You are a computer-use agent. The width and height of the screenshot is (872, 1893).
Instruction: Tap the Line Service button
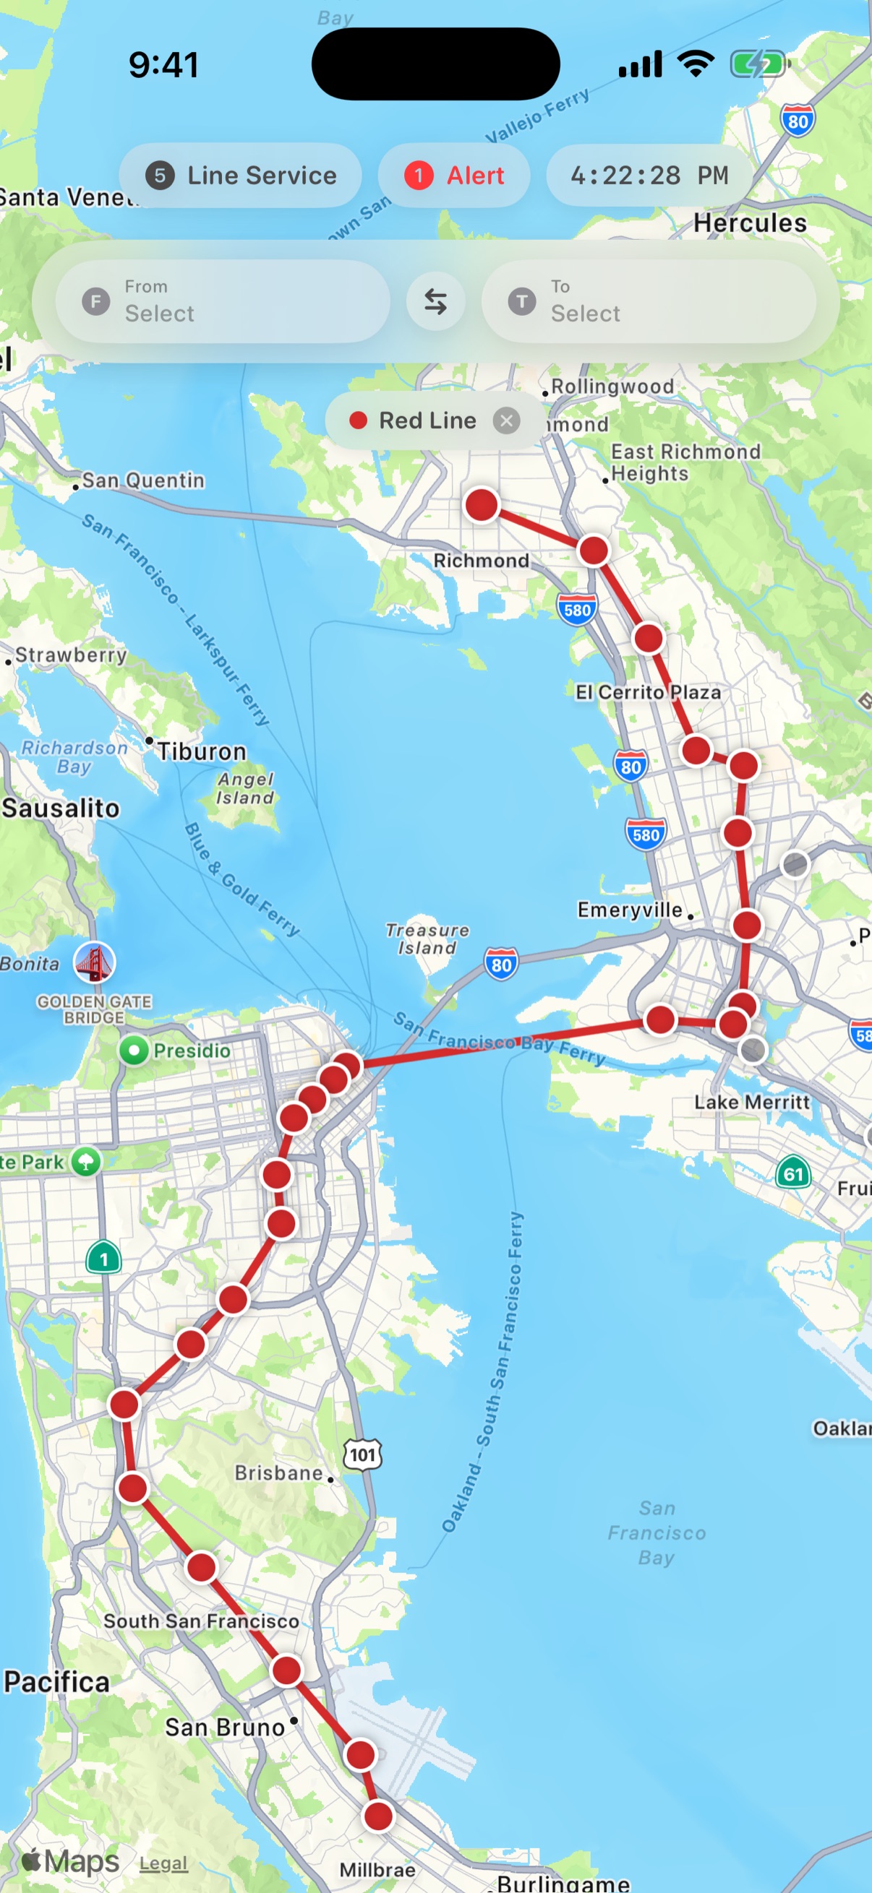241,176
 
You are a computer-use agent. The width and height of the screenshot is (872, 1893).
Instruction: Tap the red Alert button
453,176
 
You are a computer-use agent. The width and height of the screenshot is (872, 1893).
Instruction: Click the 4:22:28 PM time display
649,176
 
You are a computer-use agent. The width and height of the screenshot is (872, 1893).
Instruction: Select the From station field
222,301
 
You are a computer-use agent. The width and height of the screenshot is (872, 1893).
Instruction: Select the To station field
648,301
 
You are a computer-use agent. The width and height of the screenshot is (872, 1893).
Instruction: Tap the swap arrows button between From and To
435,301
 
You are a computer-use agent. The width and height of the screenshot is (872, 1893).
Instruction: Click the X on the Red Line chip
506,421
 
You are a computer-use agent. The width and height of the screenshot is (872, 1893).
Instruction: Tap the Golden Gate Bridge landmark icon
94,962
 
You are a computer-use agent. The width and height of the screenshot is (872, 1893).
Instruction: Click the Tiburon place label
202,751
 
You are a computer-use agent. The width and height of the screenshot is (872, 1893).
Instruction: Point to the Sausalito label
61,808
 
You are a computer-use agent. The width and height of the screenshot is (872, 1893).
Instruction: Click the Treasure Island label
427,939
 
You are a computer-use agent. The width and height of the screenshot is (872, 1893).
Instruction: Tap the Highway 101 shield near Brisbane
362,1454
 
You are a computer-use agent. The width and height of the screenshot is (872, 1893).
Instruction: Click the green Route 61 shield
792,1173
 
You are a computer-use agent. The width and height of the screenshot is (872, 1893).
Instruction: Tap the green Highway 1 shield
103,1258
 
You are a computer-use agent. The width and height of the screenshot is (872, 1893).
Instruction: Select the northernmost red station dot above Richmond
482,505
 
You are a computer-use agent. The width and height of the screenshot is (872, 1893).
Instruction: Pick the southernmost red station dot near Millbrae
379,1816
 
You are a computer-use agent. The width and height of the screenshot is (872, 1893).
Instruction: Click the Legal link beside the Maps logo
163,1863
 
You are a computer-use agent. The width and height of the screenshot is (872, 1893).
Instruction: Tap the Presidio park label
191,1050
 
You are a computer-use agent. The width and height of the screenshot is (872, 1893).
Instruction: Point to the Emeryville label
630,910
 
